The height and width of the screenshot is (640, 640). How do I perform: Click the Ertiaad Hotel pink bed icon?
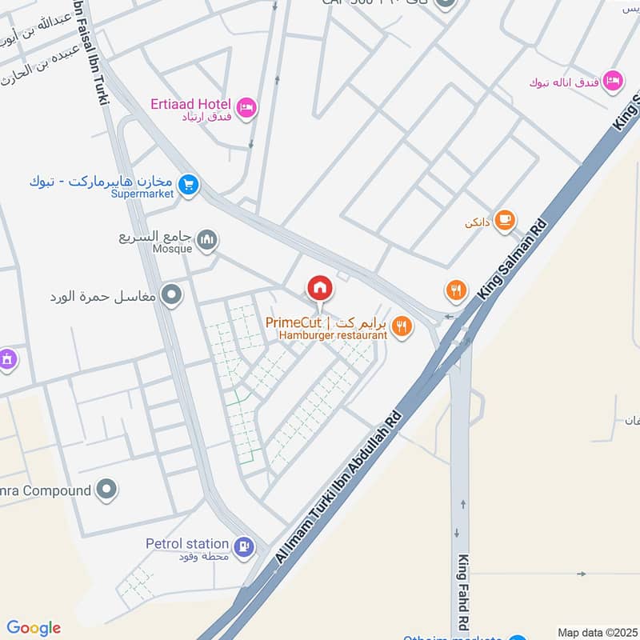pos(246,106)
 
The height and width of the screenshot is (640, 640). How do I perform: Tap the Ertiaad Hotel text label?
pos(190,104)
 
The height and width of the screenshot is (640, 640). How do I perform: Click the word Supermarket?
pos(142,194)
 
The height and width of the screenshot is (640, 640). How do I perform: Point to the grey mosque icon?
pos(207,240)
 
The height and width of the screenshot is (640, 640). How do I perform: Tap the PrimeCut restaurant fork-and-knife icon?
pos(402,326)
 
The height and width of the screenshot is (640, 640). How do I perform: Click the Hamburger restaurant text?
pos(333,335)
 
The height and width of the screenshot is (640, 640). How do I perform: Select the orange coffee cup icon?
pos(504,220)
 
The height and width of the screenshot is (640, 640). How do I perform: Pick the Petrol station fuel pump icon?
pos(245,547)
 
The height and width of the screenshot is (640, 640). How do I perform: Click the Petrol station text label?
pos(188,543)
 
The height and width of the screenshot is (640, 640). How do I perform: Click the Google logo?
pos(34,628)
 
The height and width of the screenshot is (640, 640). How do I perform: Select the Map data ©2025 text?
pos(597,632)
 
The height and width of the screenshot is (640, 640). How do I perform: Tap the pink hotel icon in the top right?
pos(613,80)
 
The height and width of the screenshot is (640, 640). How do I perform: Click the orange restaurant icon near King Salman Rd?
pos(456,290)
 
